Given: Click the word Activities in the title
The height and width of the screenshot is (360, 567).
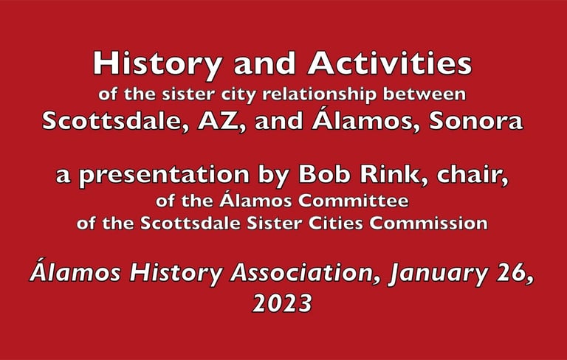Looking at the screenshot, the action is coord(390,63).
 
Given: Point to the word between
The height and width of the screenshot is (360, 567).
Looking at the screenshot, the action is coord(425,94).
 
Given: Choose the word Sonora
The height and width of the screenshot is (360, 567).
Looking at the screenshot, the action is coord(476,121).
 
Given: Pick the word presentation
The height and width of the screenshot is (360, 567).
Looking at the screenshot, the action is coord(164,176).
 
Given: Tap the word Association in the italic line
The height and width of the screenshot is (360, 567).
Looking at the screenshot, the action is coord(303,273).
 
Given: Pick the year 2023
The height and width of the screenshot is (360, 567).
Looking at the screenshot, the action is coord(282,303).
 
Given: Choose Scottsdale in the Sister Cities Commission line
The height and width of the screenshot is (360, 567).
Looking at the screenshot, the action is coord(190,223).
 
